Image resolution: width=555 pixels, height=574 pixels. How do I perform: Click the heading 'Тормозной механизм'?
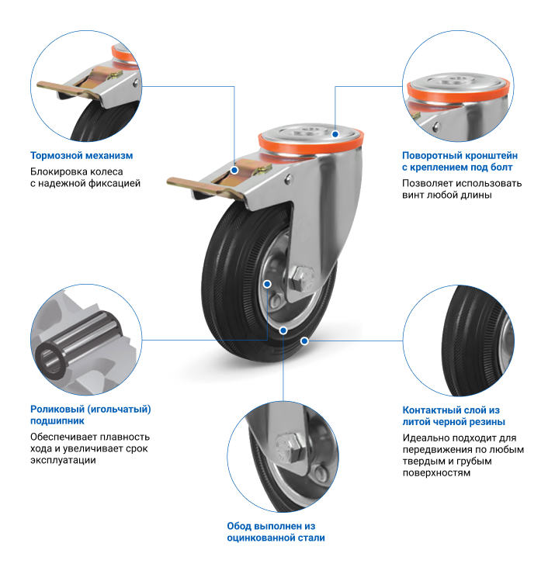(x=82, y=156)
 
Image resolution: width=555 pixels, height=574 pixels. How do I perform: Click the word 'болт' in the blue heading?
(x=501, y=168)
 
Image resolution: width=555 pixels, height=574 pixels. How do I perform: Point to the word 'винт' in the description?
(x=413, y=195)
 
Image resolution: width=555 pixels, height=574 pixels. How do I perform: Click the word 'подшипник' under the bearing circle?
(x=57, y=421)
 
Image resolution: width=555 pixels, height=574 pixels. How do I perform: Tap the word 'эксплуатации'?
(x=63, y=461)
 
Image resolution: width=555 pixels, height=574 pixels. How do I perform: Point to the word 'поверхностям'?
(x=436, y=473)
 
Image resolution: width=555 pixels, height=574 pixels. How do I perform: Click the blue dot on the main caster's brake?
(x=234, y=170)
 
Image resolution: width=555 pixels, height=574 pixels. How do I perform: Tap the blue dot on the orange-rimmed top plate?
(x=335, y=134)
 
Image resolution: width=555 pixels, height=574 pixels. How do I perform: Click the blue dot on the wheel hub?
(x=268, y=284)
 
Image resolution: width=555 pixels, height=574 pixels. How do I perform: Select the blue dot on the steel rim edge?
(x=283, y=331)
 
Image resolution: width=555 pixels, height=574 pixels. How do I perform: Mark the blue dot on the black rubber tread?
(x=304, y=341)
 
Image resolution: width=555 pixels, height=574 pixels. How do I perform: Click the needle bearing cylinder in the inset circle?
(x=78, y=344)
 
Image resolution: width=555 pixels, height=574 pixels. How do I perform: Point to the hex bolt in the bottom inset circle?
(x=290, y=448)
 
